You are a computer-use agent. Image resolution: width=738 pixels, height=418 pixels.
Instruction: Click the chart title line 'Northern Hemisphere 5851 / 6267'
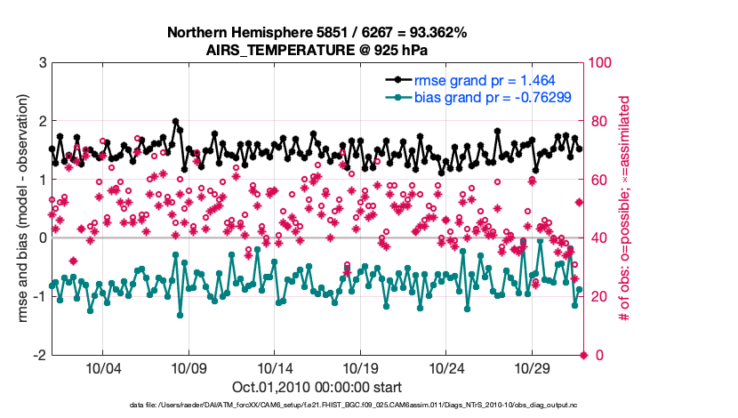point(317,33)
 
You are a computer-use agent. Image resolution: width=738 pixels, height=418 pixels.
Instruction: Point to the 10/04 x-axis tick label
point(102,368)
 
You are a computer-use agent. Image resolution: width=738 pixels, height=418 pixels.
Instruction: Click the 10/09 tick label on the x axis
point(189,368)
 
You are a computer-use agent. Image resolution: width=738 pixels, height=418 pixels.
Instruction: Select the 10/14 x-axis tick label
point(275,368)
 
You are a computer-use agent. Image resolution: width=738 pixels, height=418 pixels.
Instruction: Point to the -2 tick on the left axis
point(39,355)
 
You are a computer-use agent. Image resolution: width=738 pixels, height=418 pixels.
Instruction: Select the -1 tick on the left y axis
point(39,296)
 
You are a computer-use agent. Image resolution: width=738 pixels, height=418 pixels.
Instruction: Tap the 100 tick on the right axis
point(603,63)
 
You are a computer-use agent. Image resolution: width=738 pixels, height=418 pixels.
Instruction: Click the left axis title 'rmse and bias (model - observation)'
point(19,209)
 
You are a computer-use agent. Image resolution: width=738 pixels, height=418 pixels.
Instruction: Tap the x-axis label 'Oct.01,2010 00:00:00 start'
point(317,387)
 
